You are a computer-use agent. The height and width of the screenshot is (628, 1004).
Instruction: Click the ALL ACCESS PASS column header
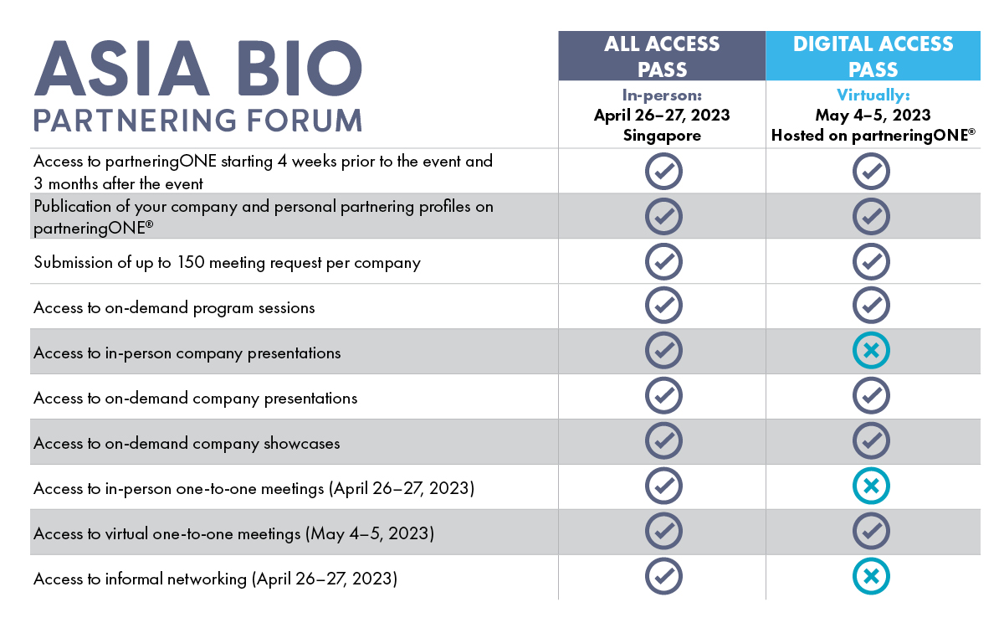point(662,56)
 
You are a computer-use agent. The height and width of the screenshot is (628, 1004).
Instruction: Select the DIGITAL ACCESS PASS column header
point(873,56)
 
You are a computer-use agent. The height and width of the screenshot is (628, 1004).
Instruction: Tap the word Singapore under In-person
point(662,136)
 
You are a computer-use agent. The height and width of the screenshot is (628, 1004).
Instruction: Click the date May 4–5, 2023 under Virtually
point(873,116)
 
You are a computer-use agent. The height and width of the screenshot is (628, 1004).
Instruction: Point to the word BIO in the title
point(300,68)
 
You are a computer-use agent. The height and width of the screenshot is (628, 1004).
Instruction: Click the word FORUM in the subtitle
point(305,121)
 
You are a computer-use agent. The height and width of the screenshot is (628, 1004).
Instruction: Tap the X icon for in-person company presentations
point(871,350)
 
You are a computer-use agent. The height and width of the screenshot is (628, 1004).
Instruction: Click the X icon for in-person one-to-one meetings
point(871,486)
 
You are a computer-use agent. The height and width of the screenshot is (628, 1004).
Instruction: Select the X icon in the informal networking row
point(871,576)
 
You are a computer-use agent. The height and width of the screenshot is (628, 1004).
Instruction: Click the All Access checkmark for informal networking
point(663,576)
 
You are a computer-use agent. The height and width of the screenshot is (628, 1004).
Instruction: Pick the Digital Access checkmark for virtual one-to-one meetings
point(871,531)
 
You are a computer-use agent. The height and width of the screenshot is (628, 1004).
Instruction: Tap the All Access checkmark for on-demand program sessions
point(663,305)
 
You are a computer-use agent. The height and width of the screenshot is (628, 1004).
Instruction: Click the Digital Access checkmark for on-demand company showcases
point(871,440)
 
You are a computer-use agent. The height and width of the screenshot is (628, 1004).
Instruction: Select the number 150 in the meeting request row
point(191,262)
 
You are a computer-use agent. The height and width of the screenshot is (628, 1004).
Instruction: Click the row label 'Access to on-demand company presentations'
point(196,399)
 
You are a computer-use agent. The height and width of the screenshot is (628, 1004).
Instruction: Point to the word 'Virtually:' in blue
point(873,95)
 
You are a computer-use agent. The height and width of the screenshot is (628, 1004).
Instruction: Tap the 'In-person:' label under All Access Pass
point(662,95)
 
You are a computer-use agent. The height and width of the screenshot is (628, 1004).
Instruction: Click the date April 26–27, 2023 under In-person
point(662,116)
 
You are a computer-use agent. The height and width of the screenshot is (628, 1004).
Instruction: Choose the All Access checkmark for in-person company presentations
point(663,350)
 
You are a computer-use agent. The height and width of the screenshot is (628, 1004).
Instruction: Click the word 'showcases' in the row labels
point(302,443)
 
